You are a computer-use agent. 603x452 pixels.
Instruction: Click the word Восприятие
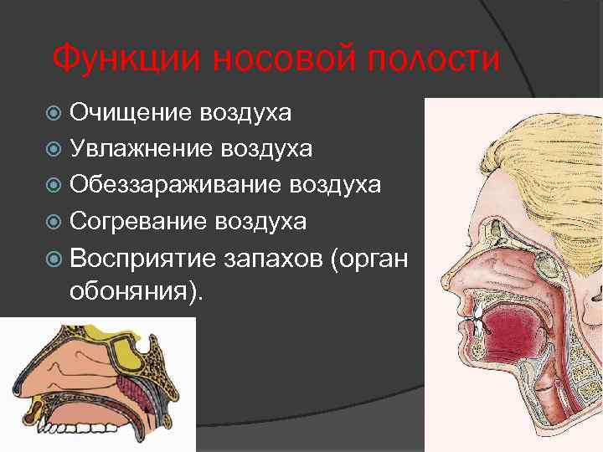(140, 259)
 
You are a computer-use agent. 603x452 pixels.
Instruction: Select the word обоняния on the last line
(130, 294)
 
